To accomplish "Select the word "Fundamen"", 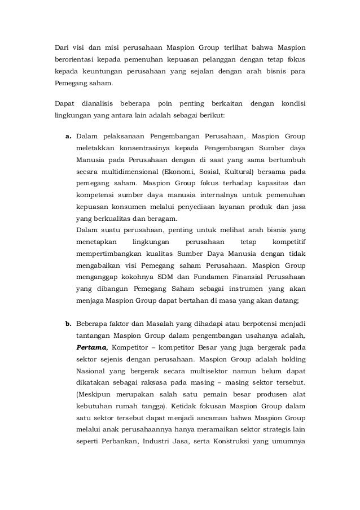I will [215, 278].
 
